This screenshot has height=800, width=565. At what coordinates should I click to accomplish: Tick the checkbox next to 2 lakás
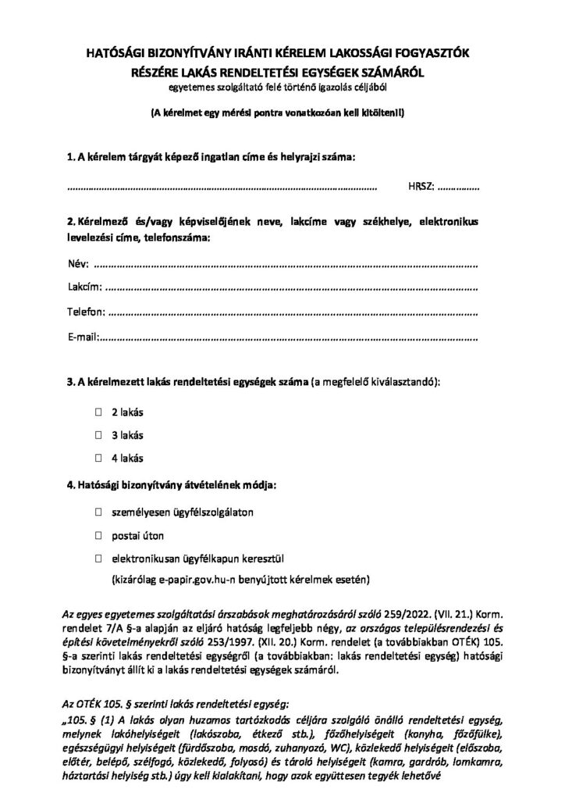click(x=99, y=411)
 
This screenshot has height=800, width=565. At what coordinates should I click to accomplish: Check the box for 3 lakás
click(x=99, y=434)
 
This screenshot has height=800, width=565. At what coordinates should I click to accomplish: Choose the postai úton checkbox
click(x=99, y=536)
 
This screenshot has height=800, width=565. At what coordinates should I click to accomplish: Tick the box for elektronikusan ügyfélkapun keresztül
click(x=99, y=559)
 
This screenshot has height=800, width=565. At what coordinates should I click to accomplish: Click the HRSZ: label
click(x=421, y=187)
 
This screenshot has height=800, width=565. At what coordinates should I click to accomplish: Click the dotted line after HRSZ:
click(x=459, y=188)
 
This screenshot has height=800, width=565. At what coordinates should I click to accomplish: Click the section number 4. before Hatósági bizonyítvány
click(x=71, y=486)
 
